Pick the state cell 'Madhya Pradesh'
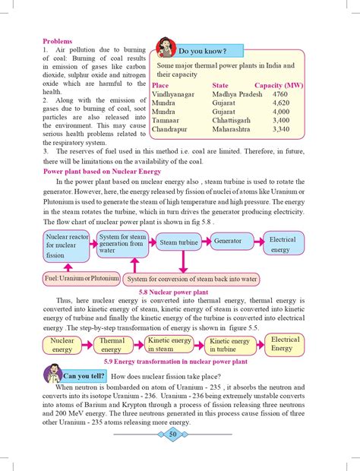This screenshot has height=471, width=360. point(232,93)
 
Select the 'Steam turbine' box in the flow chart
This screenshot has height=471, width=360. point(178,242)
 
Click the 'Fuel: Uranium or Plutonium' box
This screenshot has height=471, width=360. point(71,279)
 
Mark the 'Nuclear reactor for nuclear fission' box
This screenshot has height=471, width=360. point(67,246)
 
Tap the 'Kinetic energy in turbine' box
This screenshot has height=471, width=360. point(229,346)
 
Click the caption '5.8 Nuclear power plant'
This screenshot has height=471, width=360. point(178,292)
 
